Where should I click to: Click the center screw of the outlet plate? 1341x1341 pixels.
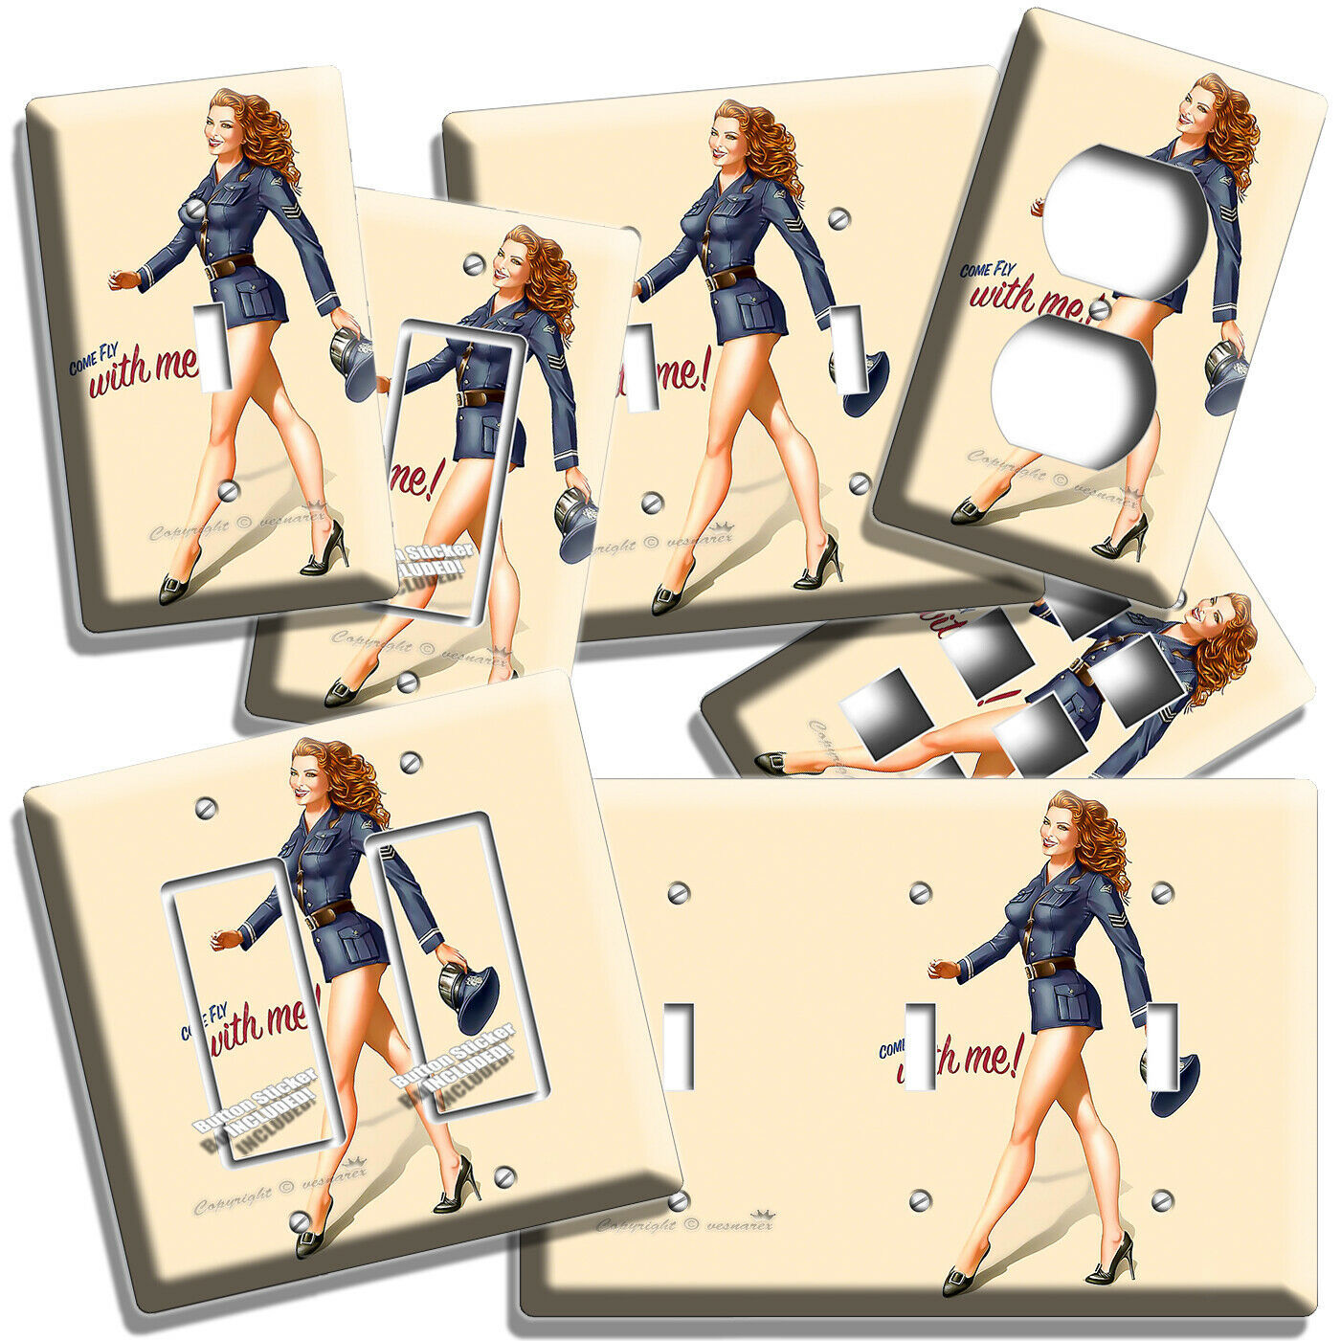click(x=1103, y=309)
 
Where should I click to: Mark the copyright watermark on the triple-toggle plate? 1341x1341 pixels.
click(x=684, y=1222)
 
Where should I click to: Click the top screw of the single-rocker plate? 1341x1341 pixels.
click(x=470, y=262)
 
